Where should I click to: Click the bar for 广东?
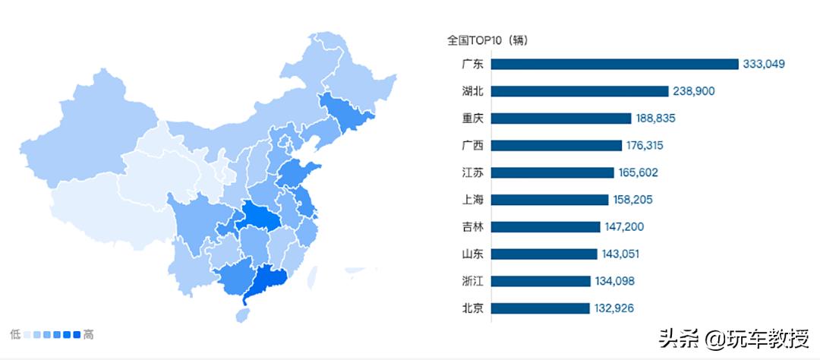click(x=614, y=64)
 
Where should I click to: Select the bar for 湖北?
click(x=580, y=91)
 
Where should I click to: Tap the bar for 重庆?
click(x=561, y=118)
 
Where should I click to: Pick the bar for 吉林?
click(x=545, y=226)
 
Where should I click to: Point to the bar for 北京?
click(x=540, y=308)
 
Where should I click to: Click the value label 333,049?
click(x=764, y=64)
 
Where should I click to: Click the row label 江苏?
click(x=472, y=172)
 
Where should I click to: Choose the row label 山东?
click(x=472, y=254)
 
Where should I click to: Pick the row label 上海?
click(x=472, y=200)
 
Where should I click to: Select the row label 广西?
click(x=472, y=145)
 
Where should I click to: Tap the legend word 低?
click(x=15, y=334)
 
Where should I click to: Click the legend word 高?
click(x=88, y=334)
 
